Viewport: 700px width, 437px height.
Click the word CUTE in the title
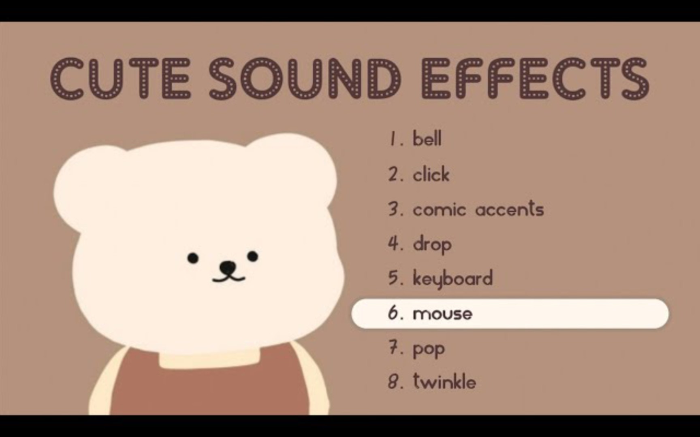pos(120,78)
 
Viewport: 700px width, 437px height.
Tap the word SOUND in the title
pos(305,78)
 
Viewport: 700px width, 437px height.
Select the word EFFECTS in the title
pos(535,78)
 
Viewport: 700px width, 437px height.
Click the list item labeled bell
pos(427,139)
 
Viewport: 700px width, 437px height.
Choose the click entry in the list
pos(431,174)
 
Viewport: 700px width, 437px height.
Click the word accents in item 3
pos(510,209)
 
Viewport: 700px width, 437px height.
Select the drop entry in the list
pos(432,244)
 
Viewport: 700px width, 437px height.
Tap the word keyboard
pos(452,278)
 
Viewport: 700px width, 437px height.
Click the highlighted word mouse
pos(442,314)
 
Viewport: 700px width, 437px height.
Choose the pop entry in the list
pos(429,349)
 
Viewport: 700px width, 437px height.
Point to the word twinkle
pos(444,381)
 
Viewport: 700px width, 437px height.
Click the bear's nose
pos(228,267)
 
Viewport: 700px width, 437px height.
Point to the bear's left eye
pos(193,257)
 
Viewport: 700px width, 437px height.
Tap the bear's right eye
pos(253,256)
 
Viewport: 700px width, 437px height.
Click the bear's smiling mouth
pos(229,277)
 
